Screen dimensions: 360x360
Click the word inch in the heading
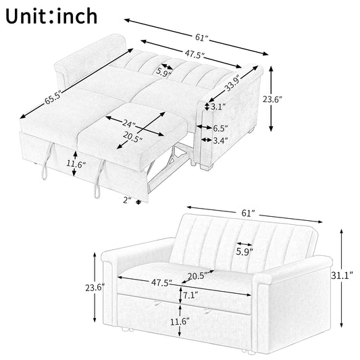(74, 15)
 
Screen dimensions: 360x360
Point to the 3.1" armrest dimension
(217, 107)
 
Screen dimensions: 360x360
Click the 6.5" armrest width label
(220, 127)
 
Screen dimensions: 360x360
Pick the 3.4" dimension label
(220, 140)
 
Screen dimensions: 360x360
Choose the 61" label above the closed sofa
(247, 213)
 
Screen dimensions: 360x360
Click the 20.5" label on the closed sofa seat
(196, 276)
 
